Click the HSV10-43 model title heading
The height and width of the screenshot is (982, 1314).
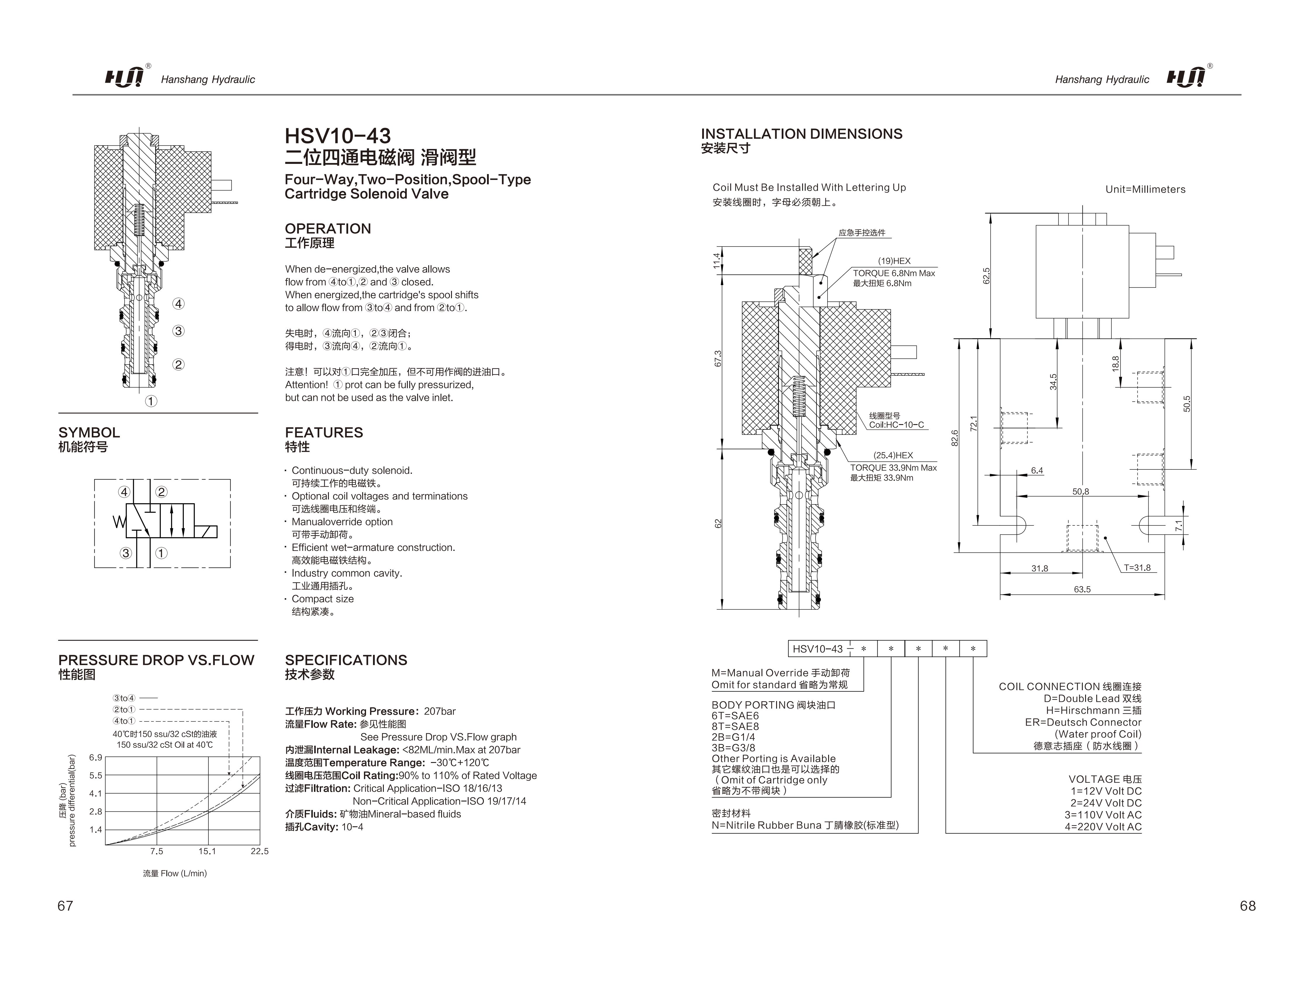[337, 136]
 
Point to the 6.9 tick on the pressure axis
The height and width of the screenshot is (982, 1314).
[96, 757]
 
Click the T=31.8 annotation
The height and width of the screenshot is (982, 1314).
[1137, 568]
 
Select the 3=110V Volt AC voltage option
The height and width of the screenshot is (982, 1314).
[1103, 815]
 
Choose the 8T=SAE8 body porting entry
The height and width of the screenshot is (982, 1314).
[735, 726]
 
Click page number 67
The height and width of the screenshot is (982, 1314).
[65, 905]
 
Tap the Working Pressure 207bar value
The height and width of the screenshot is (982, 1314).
[440, 711]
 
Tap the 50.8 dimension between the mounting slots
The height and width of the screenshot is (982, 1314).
[1080, 492]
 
